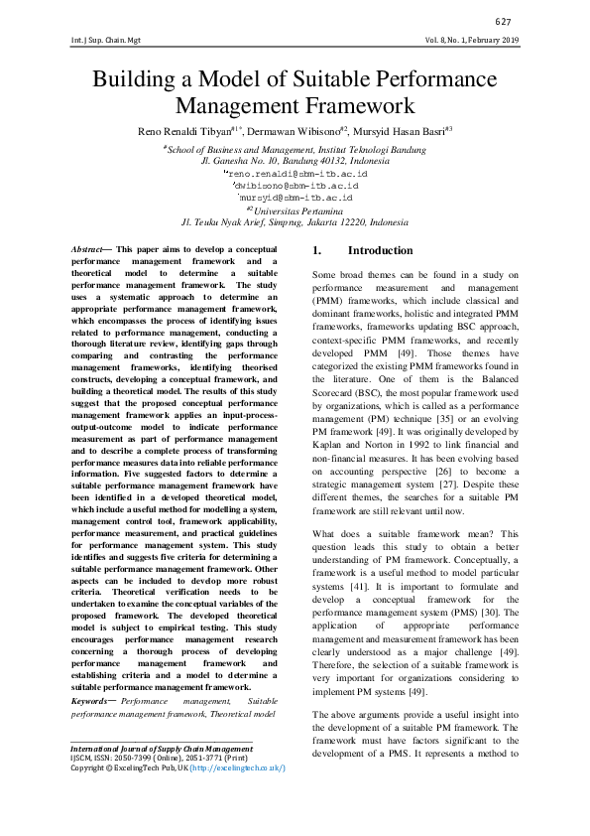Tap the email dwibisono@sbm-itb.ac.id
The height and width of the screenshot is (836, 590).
(x=295, y=185)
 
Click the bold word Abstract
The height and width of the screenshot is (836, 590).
(x=89, y=248)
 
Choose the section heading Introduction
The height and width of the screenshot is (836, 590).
(x=380, y=251)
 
